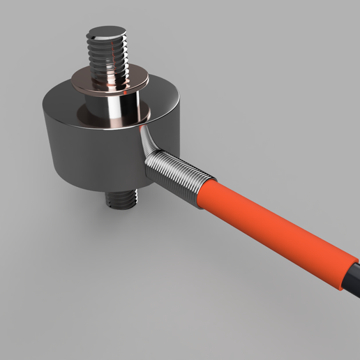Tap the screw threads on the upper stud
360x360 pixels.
point(108,56)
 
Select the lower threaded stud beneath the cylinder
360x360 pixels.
point(123,198)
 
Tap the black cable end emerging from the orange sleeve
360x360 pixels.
point(352,276)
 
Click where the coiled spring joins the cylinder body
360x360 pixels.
point(150,167)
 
